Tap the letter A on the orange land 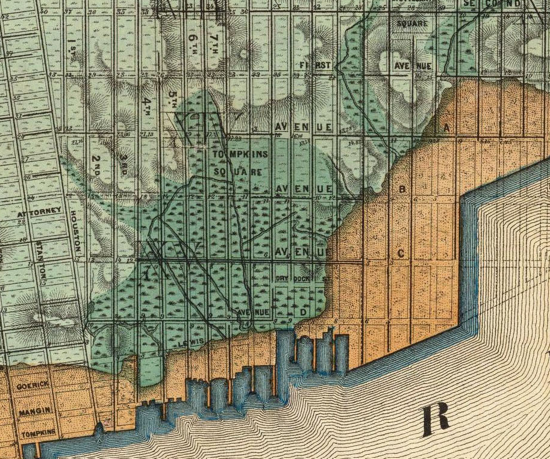(446, 128)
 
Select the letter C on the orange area (401, 253)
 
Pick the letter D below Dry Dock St (304, 313)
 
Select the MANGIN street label (31, 413)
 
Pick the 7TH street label (214, 42)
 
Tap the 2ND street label (96, 164)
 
